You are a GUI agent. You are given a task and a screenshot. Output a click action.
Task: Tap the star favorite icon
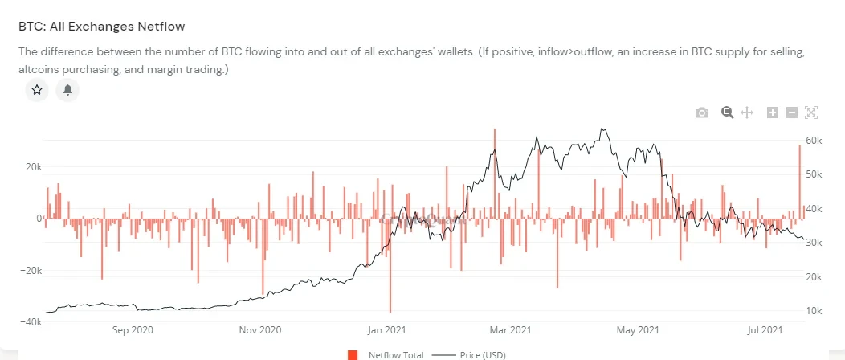point(37,90)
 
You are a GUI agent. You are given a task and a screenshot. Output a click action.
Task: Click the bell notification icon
point(68,90)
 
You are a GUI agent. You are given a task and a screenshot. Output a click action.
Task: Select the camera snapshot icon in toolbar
point(702,112)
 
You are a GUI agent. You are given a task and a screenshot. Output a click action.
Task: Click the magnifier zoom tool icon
point(727,112)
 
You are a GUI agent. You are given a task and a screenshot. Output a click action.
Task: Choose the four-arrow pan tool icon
point(746,112)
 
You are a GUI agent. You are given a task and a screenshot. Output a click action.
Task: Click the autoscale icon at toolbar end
point(811,112)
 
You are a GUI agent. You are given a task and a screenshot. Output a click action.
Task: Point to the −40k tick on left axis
point(31,322)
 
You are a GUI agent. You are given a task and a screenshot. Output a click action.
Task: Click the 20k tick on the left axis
point(33,167)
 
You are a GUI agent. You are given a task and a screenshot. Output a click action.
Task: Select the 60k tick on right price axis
point(813,141)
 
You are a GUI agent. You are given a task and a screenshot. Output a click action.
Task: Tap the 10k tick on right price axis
point(813,311)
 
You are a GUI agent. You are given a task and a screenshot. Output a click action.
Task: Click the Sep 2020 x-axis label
point(133,329)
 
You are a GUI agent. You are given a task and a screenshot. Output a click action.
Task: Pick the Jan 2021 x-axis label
point(387,329)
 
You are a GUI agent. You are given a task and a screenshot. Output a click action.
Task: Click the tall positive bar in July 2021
point(800,181)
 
